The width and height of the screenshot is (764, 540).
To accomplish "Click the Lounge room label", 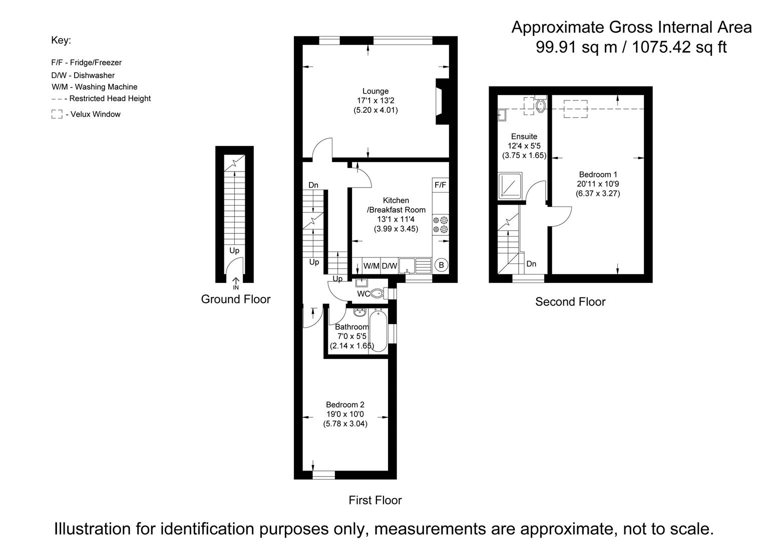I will coord(375,91).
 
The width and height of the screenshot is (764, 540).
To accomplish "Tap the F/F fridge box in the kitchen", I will coord(440,185).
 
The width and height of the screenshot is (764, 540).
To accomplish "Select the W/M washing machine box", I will coord(371,265).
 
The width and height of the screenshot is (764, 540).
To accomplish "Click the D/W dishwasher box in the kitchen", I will coord(389,265).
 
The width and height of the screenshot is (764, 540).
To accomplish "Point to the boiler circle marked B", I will coord(441,265).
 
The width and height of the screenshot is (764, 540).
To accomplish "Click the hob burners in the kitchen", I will coord(441,224).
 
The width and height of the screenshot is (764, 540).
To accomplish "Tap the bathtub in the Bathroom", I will coord(378,330).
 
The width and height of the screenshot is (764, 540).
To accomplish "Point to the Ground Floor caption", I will coord(235,299).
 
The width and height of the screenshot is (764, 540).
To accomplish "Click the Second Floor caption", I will coord(570,301).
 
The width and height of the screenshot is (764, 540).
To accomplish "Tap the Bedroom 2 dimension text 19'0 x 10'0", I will coord(345,414).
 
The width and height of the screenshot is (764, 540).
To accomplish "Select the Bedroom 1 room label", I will coord(598,174).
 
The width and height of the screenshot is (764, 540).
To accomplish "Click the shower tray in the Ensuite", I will coord(510,186).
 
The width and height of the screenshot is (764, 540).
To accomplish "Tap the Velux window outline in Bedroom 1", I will coord(576,109).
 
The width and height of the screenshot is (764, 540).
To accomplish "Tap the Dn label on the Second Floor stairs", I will coord(531,264).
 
